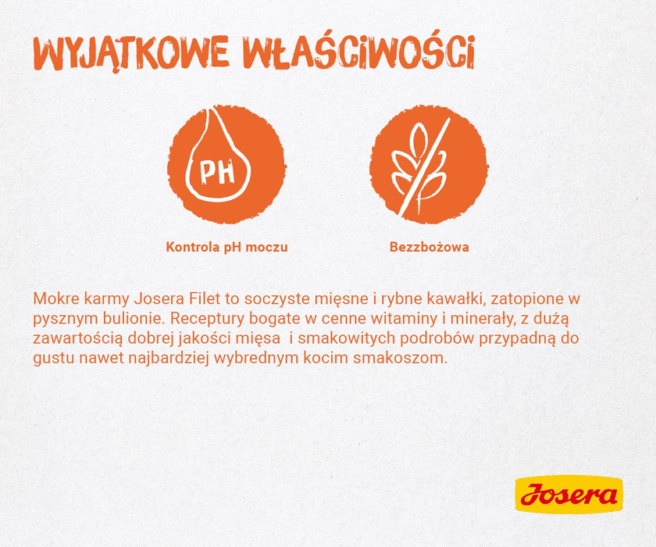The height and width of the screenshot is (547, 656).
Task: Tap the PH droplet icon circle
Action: [226, 165]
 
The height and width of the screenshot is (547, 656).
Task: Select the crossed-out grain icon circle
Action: [429, 165]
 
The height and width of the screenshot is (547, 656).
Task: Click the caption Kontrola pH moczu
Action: [226, 247]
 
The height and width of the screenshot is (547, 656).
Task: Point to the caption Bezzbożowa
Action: [429, 247]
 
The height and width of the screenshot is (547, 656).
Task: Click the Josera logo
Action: [569, 495]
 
